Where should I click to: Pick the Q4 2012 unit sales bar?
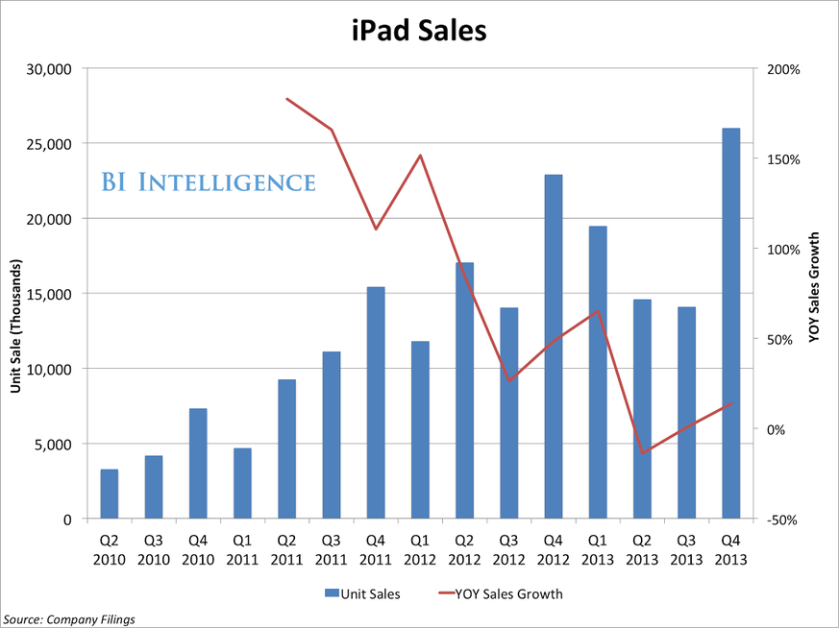coord(554,347)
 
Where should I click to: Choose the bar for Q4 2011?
coord(376,402)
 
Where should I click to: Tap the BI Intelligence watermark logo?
coord(209,181)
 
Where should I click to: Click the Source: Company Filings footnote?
coord(68,618)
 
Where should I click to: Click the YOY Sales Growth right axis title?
coord(815,287)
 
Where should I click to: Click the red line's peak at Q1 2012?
coord(420,156)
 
